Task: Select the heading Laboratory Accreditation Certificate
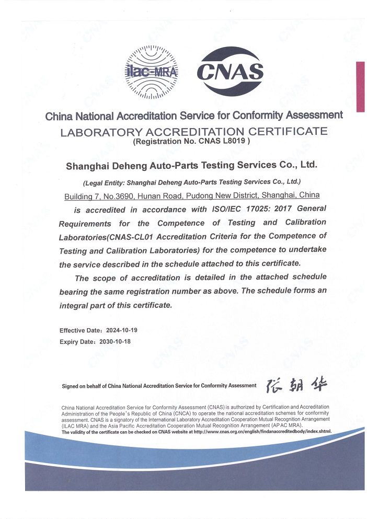[194, 131]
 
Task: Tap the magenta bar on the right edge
[360, 86]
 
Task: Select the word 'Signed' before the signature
[70, 386]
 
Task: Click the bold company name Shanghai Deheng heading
[191, 165]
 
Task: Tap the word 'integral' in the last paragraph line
[76, 304]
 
